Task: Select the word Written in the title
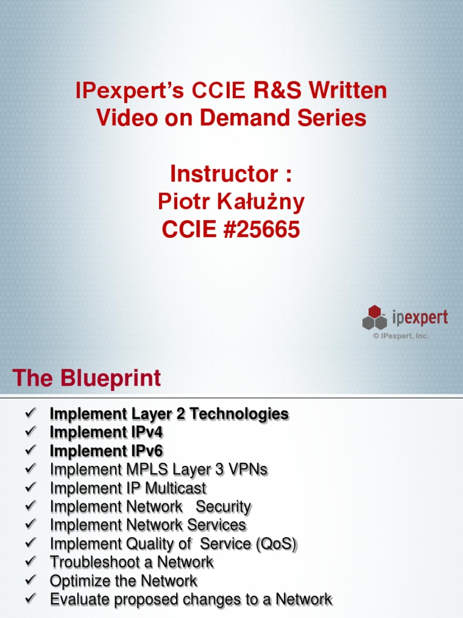pos(348,92)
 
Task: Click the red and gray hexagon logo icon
pos(374,317)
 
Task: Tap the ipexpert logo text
pos(420,316)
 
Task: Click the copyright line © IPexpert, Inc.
pos(400,336)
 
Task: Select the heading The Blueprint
pos(87,378)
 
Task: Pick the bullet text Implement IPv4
pos(106,432)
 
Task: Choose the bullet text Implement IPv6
pos(106,451)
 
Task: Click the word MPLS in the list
pos(146,469)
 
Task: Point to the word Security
pos(223,506)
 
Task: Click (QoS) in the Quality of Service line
pos(276,544)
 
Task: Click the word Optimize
pos(75,581)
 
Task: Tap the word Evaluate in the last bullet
pos(77,599)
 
